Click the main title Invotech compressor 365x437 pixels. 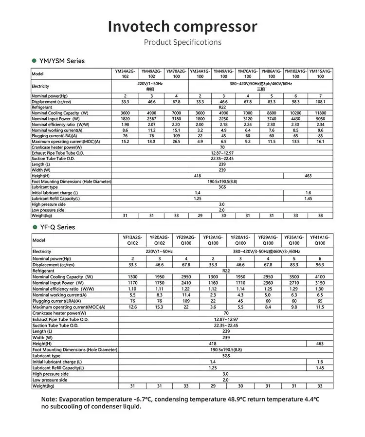[x=182, y=26]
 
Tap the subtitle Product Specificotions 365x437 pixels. [x=182, y=42]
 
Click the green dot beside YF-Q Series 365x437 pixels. [x=35, y=227]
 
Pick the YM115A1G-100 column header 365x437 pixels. [x=320, y=74]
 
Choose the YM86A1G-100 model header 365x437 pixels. [x=272, y=74]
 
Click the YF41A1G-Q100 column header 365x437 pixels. [x=320, y=240]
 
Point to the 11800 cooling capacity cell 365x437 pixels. [x=320, y=113]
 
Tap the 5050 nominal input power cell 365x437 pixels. [x=320, y=119]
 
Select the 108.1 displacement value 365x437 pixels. [x=320, y=102]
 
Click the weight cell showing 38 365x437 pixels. [x=320, y=216]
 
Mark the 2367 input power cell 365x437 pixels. [x=151, y=119]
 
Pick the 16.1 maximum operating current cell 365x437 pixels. [x=320, y=142]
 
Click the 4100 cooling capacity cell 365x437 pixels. [x=320, y=277]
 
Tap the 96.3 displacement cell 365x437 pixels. [x=320, y=265]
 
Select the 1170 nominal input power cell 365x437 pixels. [x=132, y=283]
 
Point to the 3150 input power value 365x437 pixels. [x=320, y=283]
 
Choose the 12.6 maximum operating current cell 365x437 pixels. [x=132, y=307]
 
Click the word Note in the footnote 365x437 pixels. [x=50, y=400]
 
